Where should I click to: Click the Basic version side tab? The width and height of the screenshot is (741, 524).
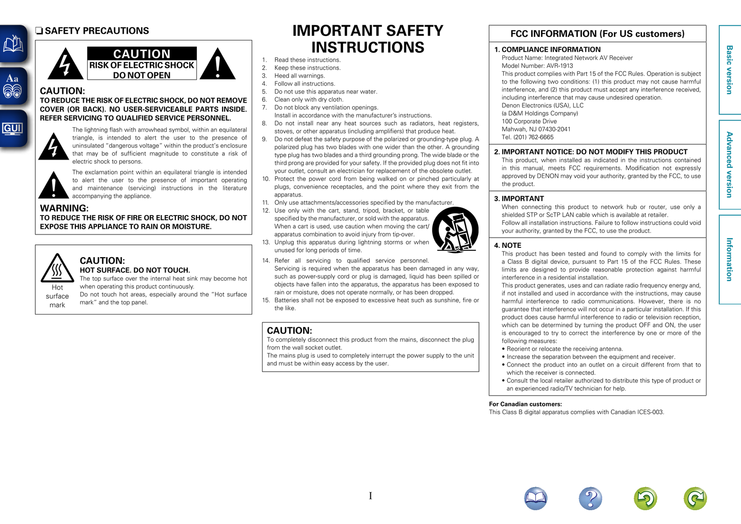pyautogui.click(x=729, y=70)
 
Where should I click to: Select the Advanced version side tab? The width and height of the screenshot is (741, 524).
pyautogui.click(x=729, y=164)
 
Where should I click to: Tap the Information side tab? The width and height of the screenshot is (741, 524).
pyautogui.click(x=729, y=259)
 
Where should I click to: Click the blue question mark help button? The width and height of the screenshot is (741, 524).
pyautogui.click(x=590, y=498)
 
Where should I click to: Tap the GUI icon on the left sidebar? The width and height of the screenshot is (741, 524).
pyautogui.click(x=12, y=128)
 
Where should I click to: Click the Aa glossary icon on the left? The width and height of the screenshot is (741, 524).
pyautogui.click(x=12, y=86)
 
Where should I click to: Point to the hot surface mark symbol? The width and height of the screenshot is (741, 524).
pyautogui.click(x=57, y=268)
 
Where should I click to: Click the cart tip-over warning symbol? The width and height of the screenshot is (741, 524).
pyautogui.click(x=455, y=229)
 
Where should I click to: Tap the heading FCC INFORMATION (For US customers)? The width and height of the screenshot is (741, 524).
pyautogui.click(x=597, y=34)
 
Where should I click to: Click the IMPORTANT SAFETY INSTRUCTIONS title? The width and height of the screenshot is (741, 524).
pyautogui.click(x=368, y=39)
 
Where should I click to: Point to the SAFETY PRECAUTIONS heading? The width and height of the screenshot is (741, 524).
pyautogui.click(x=96, y=31)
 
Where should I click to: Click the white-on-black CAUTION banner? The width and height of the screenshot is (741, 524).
pyautogui.click(x=142, y=54)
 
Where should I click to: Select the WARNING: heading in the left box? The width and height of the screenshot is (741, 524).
pyautogui.click(x=64, y=208)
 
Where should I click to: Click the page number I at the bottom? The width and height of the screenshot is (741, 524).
pyautogui.click(x=370, y=496)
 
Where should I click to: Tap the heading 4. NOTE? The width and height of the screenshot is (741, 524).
pyautogui.click(x=508, y=245)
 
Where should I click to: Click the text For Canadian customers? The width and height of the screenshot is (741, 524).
pyautogui.click(x=525, y=404)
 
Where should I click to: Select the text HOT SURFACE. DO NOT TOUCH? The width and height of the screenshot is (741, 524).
pyautogui.click(x=135, y=270)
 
